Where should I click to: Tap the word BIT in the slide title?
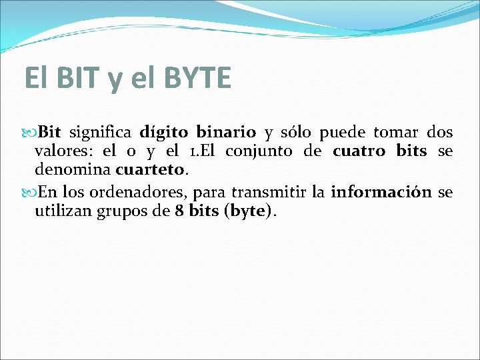click(x=81, y=78)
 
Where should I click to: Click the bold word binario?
click(x=226, y=132)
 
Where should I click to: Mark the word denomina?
click(x=73, y=170)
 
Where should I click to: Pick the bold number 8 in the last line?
click(x=179, y=212)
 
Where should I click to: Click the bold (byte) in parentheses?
click(x=250, y=212)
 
